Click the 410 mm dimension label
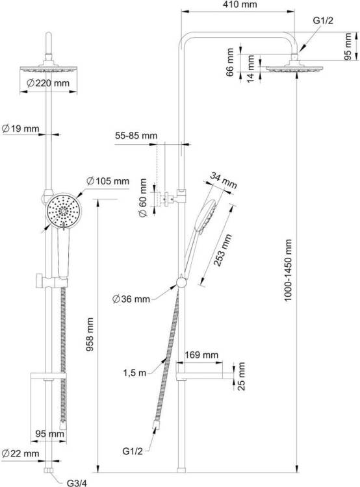pyautogui.click(x=240, y=5)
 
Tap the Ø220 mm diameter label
pyautogui.click(x=48, y=83)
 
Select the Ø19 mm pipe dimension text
pyautogui.click(x=21, y=129)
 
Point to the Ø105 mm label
pyautogui.click(x=108, y=181)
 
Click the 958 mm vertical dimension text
pyautogui.click(x=90, y=334)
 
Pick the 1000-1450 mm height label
pyautogui.click(x=288, y=270)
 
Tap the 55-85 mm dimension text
pyautogui.click(x=136, y=136)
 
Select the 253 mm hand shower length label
pyautogui.click(x=223, y=251)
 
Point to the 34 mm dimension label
pyautogui.click(x=223, y=180)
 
